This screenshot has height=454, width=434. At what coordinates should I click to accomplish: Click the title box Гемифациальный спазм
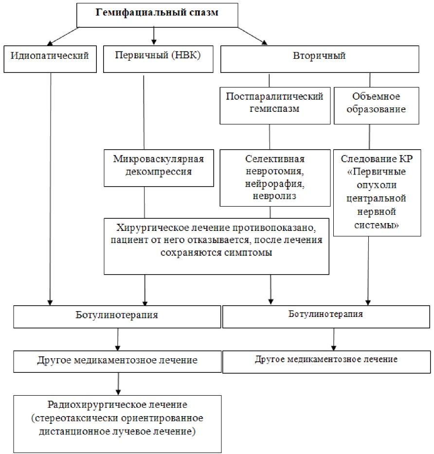157,16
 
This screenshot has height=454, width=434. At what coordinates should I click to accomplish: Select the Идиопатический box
50,59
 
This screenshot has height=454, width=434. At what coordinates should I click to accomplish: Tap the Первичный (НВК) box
158,59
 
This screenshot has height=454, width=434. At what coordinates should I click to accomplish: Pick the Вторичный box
320,59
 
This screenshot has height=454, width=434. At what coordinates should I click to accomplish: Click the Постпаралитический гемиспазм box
275,105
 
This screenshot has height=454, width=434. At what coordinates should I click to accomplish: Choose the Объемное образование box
376,105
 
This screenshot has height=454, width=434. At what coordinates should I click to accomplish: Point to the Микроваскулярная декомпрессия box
159,168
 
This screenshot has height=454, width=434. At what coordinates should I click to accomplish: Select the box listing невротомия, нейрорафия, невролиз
275,178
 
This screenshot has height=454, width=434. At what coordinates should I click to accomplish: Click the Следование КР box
377,193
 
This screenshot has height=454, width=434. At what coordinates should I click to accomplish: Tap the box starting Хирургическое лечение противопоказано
217,246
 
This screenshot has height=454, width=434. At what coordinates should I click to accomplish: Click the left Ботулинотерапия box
117,317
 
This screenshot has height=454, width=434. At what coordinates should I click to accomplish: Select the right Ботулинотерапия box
326,317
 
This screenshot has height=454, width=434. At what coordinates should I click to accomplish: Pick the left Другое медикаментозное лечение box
117,362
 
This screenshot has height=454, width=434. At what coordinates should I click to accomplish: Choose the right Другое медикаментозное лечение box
326,362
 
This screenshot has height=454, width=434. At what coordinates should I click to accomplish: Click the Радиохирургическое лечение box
117,424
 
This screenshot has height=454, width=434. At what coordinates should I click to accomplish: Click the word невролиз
274,196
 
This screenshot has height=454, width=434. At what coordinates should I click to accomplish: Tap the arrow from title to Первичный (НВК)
154,36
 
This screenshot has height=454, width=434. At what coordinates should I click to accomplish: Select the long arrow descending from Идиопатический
50,189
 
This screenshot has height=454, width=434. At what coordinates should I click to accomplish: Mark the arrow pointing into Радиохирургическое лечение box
118,384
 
